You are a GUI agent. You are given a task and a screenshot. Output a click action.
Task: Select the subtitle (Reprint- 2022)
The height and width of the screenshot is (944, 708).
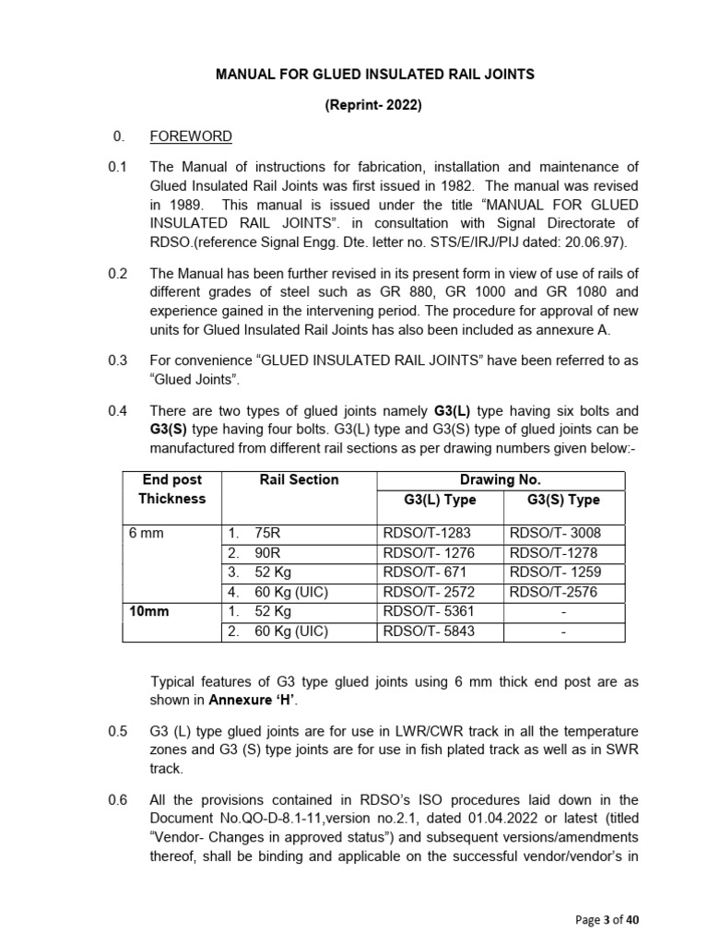coord(372,105)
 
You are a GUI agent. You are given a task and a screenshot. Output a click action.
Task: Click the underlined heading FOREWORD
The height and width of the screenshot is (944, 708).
coord(191,136)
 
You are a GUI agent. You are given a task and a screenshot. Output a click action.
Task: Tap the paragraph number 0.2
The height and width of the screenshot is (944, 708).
coord(117,273)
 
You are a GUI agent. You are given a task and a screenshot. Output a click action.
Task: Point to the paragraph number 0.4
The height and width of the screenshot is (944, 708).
coord(117,410)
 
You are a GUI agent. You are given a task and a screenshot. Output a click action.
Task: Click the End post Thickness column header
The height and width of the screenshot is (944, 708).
coord(172,490)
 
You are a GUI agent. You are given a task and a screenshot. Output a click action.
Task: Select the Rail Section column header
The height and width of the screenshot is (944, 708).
coord(299,480)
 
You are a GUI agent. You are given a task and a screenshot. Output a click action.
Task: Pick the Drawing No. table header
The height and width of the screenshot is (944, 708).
coord(500,480)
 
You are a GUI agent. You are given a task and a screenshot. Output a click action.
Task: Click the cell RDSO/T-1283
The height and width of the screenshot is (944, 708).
coord(427,534)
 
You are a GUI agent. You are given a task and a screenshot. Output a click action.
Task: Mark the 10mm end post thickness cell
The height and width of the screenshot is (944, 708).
coord(150,611)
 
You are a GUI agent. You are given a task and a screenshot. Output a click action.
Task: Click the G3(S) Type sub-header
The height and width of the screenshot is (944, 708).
coord(563,500)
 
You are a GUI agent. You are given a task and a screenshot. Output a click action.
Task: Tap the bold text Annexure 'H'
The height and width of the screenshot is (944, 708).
coord(245,699)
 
